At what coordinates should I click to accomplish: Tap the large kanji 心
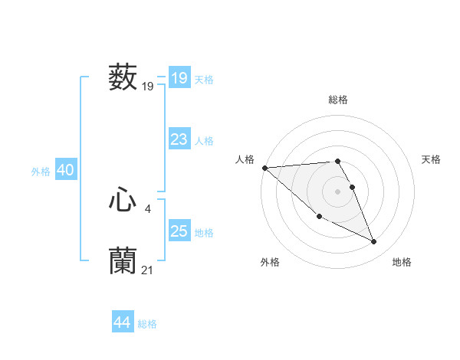(x=123, y=201)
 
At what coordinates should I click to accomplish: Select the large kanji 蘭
(x=123, y=260)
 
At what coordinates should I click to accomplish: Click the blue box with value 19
(x=179, y=78)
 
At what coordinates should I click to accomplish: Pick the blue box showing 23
(x=179, y=139)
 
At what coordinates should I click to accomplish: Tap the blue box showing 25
(x=179, y=231)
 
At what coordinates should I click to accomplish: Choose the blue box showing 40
(x=65, y=170)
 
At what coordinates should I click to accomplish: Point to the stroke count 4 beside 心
(x=147, y=208)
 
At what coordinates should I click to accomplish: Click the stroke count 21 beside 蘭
(x=147, y=269)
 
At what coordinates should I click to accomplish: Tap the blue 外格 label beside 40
(x=41, y=172)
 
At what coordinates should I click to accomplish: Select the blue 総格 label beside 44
(x=147, y=324)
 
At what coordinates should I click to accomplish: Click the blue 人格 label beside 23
(x=205, y=141)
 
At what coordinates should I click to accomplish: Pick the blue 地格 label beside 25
(x=205, y=233)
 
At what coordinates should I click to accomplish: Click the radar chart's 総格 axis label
(x=338, y=100)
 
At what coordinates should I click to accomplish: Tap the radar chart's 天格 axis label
(x=432, y=159)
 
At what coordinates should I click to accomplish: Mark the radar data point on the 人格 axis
(x=264, y=168)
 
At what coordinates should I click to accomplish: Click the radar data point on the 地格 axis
(x=374, y=242)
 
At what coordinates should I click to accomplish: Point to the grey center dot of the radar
(x=338, y=191)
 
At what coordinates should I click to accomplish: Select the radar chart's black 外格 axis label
(x=270, y=263)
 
